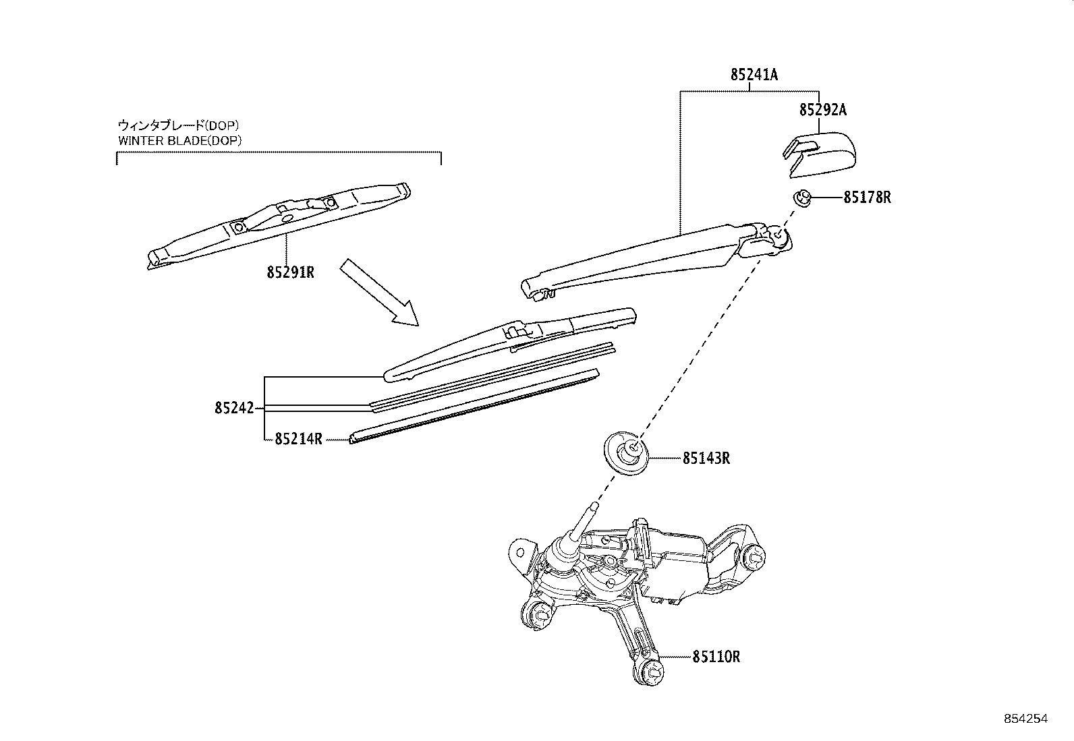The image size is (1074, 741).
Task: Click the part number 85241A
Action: click(x=754, y=75)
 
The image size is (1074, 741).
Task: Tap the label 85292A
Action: click(x=822, y=110)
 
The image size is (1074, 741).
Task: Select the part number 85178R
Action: click(x=867, y=198)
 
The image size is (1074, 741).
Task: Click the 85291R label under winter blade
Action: click(x=291, y=272)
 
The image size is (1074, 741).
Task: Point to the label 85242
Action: click(x=234, y=408)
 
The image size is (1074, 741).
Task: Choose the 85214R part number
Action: click(x=298, y=440)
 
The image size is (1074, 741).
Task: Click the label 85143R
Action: click(x=706, y=458)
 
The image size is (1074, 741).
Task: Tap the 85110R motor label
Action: click(x=716, y=656)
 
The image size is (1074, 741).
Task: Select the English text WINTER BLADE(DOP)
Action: click(x=179, y=140)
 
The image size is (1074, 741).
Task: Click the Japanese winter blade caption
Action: click(x=178, y=125)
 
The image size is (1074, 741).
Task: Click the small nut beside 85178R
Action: click(x=801, y=198)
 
